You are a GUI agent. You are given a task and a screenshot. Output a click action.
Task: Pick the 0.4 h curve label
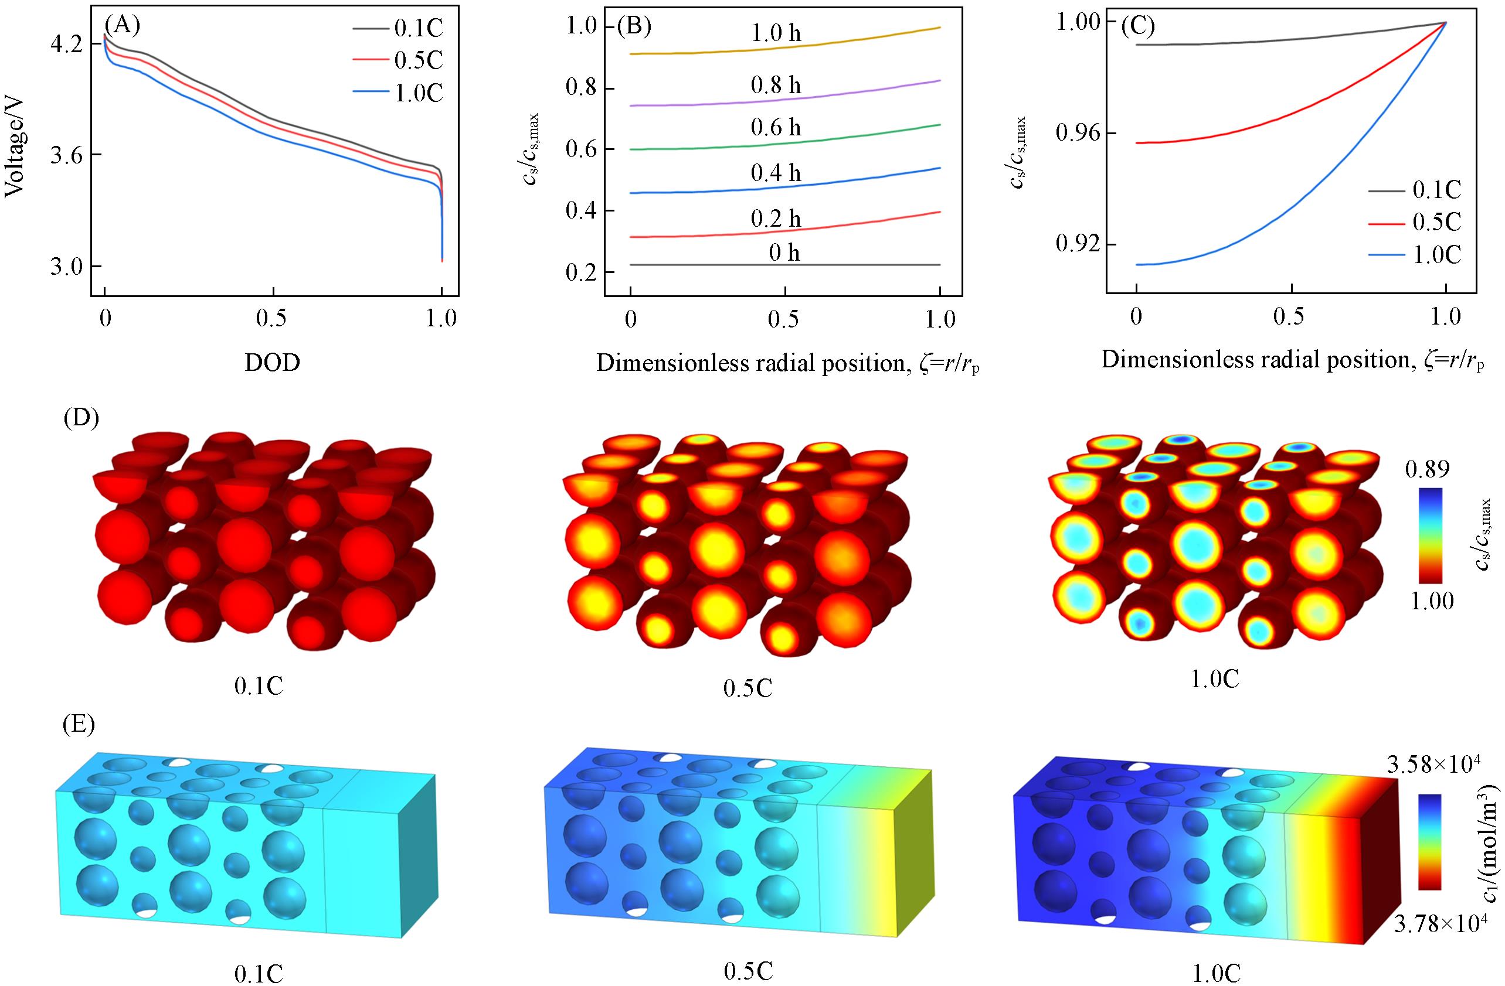click(x=776, y=173)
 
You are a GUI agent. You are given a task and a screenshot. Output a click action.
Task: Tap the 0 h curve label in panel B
click(x=784, y=254)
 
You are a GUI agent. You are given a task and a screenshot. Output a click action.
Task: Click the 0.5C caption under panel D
click(x=748, y=687)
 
